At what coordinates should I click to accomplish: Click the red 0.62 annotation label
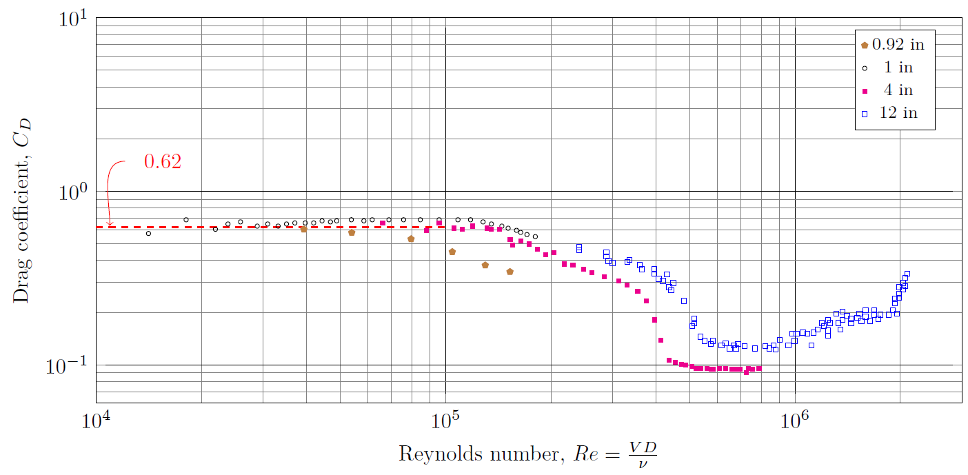point(162,162)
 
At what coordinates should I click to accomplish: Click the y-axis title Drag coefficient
point(22,210)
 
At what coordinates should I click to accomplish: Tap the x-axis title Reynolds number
point(527,454)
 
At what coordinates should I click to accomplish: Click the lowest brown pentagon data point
point(510,272)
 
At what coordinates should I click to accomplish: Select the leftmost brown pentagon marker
point(303,229)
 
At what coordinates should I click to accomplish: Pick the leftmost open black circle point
point(148,234)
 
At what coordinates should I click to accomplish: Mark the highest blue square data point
point(907,274)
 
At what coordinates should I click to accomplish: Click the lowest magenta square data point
point(746,372)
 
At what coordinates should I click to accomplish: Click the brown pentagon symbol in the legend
point(865,45)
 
